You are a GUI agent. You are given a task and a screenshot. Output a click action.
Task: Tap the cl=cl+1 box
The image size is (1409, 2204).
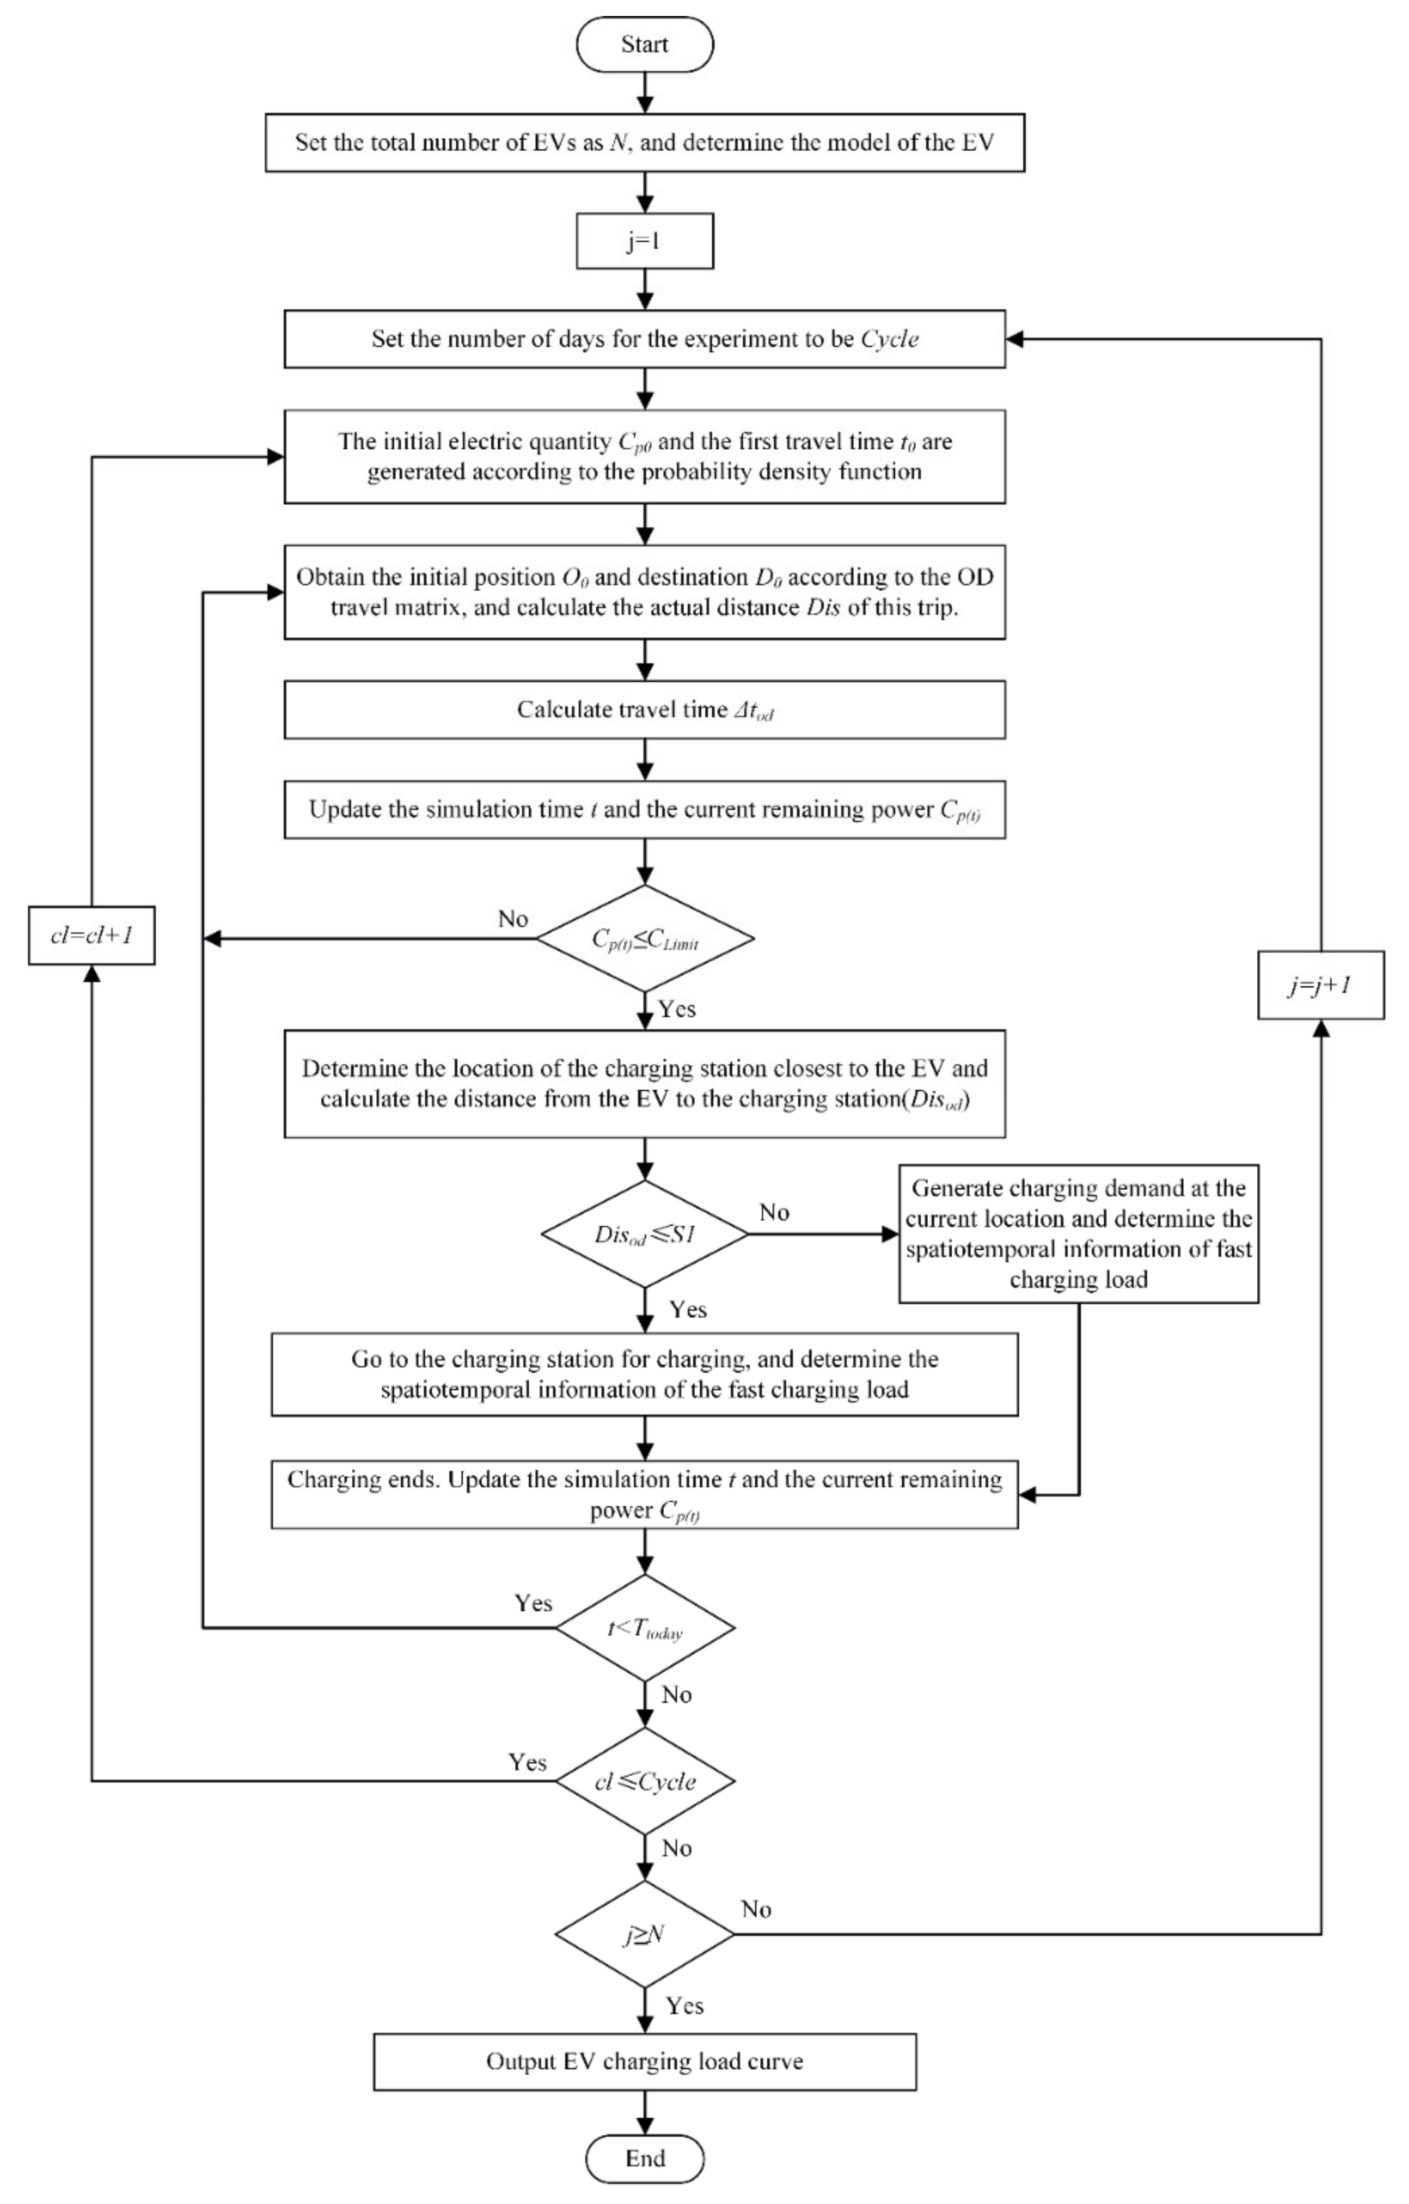click(x=91, y=935)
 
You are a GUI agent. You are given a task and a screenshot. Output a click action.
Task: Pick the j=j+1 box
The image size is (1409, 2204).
click(x=1320, y=985)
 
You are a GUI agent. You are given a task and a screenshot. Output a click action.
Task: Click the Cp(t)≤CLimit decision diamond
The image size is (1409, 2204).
click(x=645, y=938)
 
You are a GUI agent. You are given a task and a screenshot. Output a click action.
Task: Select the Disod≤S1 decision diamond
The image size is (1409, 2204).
click(x=645, y=1234)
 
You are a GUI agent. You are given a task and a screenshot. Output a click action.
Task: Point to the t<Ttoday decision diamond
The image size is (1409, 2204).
click(x=645, y=1628)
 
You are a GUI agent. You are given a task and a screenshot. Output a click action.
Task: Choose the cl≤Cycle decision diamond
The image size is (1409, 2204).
click(x=645, y=1781)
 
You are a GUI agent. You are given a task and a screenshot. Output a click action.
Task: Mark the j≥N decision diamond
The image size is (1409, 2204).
click(x=645, y=1934)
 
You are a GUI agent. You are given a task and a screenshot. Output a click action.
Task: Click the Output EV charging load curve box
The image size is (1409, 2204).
click(x=645, y=2061)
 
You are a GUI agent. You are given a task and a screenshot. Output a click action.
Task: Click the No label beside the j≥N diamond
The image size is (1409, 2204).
click(x=756, y=1909)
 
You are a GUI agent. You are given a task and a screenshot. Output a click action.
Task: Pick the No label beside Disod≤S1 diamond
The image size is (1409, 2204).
click(x=774, y=1212)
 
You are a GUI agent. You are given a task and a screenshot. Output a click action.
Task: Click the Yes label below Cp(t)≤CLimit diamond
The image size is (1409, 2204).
click(x=678, y=1009)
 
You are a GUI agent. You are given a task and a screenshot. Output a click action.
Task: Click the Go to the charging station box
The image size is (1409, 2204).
click(x=645, y=1374)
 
